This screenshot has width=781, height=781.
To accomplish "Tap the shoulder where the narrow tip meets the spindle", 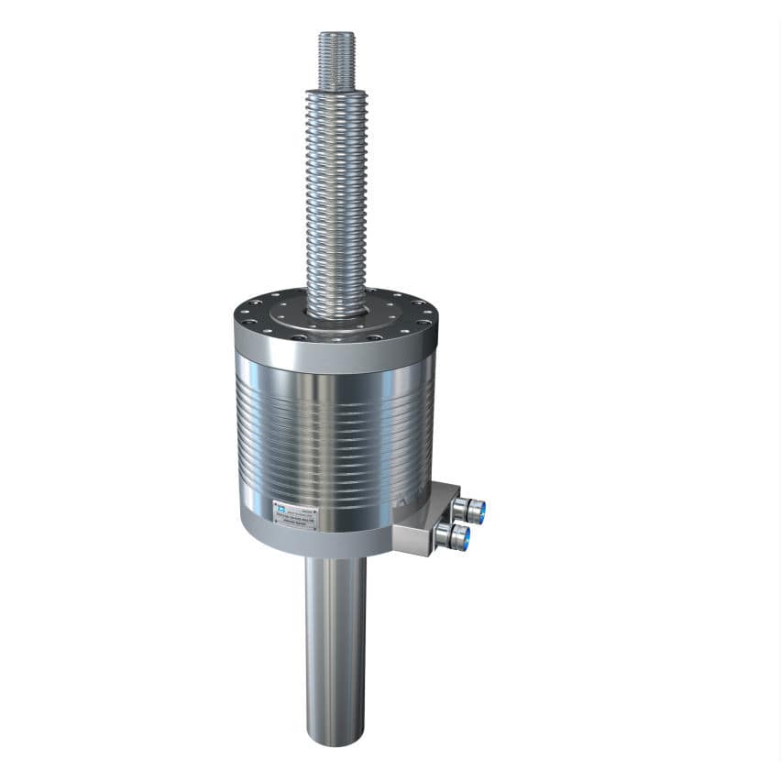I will (336, 89).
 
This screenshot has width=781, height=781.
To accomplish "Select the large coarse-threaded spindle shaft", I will (336, 202).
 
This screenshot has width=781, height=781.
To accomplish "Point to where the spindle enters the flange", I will (336, 312).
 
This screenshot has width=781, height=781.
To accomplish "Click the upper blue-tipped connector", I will (475, 507).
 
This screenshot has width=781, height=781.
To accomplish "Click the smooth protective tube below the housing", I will (335, 642).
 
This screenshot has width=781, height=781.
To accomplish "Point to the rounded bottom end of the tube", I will (335, 738).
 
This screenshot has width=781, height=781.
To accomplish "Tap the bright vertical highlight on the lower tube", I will (324, 642).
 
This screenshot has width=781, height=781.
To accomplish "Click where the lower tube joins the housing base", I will (335, 561).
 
